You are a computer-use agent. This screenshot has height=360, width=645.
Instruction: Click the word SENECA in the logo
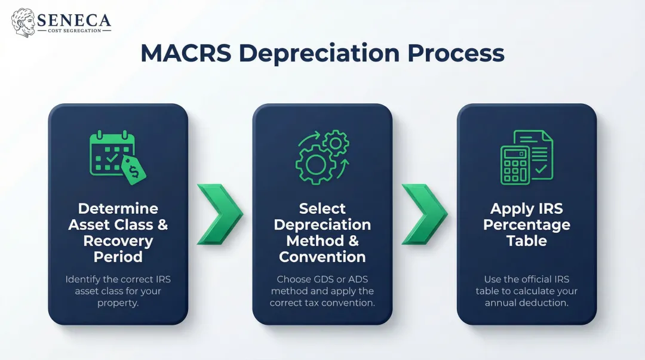click(x=73, y=19)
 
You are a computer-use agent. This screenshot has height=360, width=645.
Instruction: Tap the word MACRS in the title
click(x=185, y=54)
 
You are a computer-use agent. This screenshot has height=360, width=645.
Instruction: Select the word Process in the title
click(x=456, y=54)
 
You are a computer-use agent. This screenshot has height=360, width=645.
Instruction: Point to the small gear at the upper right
click(x=335, y=143)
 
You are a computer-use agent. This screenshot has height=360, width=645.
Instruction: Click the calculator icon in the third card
click(x=514, y=164)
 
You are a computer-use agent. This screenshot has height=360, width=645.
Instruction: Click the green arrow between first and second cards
click(x=219, y=214)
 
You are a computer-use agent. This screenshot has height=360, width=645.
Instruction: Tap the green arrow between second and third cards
click(x=424, y=214)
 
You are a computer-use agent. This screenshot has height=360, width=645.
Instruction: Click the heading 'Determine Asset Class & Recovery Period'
click(x=118, y=233)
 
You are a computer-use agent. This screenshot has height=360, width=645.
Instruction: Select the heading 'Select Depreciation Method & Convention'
click(x=322, y=233)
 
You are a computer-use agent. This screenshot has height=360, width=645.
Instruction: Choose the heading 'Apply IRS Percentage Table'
click(x=527, y=225)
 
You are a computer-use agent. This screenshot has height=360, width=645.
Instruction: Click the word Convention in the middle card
click(x=322, y=257)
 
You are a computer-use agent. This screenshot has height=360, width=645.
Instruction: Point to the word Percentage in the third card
click(x=527, y=225)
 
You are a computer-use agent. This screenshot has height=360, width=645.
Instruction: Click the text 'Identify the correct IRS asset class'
click(x=118, y=285)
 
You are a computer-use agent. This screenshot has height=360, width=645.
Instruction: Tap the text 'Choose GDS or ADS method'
click(x=322, y=285)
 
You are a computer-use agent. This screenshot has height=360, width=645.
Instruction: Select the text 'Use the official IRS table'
click(x=527, y=285)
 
